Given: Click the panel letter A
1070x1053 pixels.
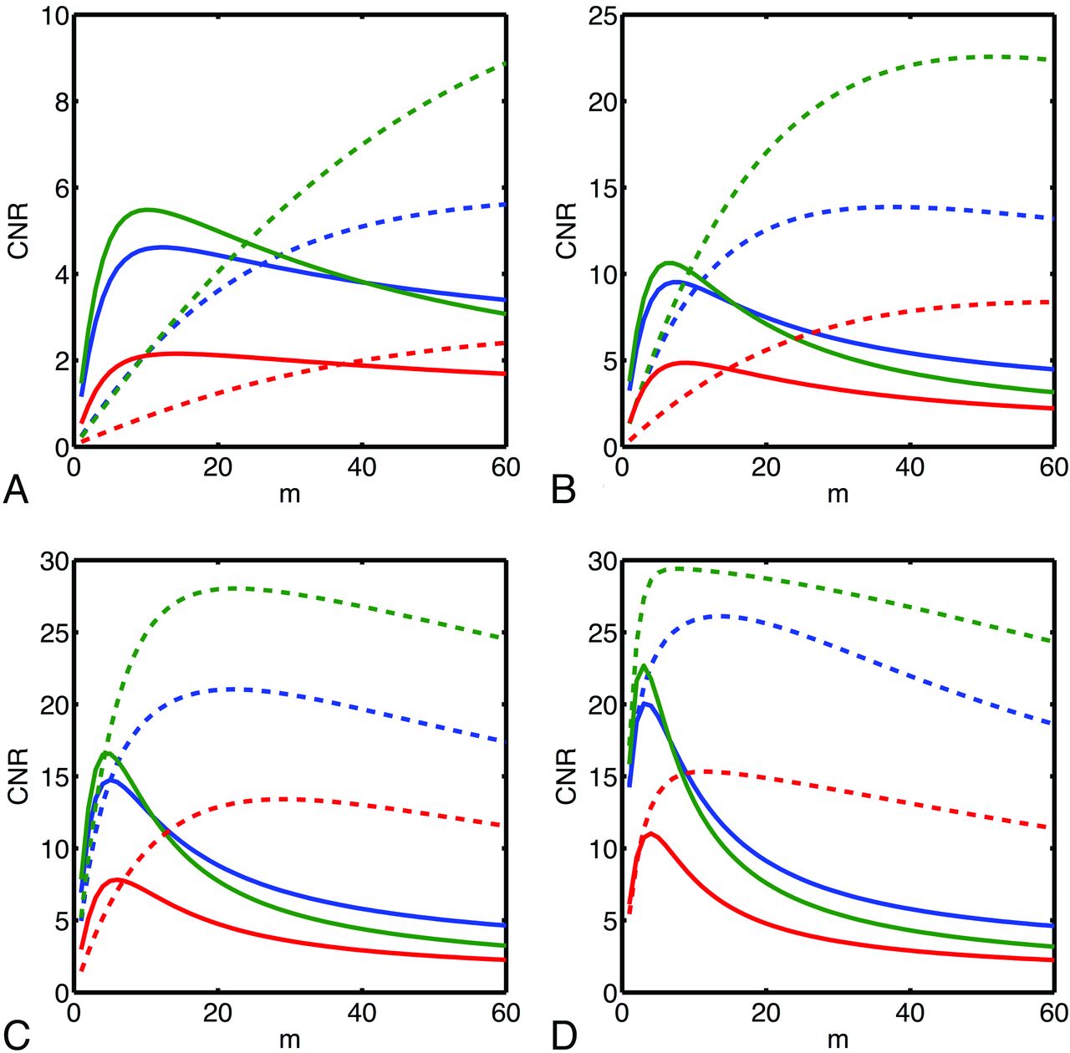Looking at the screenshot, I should coord(16,490).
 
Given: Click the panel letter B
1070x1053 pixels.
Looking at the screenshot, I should coord(564,490).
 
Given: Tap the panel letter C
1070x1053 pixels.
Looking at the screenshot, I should coord(16,1035).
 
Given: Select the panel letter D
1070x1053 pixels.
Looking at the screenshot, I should coord(565,1035).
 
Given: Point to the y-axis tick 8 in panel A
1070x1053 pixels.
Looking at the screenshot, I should coord(55,102).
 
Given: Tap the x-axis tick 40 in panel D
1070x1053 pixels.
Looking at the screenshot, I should coord(909,1014).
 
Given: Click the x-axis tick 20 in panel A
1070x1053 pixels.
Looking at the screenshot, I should coord(217,467).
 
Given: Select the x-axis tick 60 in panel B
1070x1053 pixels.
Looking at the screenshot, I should coord(1052,467).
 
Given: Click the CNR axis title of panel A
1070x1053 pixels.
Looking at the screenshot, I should coord(18,230).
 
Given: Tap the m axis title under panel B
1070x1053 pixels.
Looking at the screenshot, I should coord(838,494).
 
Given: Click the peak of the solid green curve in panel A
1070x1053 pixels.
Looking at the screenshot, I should coord(147,210).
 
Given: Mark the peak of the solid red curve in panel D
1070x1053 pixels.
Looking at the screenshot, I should coord(650,833).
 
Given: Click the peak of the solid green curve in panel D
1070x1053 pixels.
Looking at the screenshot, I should coord(643,666).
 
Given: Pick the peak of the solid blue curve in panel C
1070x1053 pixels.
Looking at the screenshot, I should coord(112,780).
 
